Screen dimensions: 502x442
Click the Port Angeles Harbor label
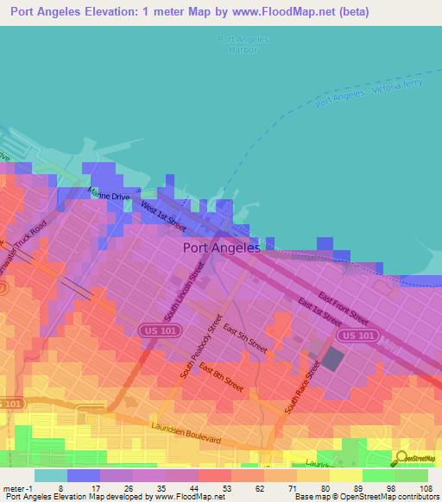(x=243, y=45)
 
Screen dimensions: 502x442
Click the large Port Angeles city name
(x=222, y=248)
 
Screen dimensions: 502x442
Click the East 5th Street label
(x=244, y=336)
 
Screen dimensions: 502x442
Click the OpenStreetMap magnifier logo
(x=401, y=458)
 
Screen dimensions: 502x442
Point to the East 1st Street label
(x=319, y=312)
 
